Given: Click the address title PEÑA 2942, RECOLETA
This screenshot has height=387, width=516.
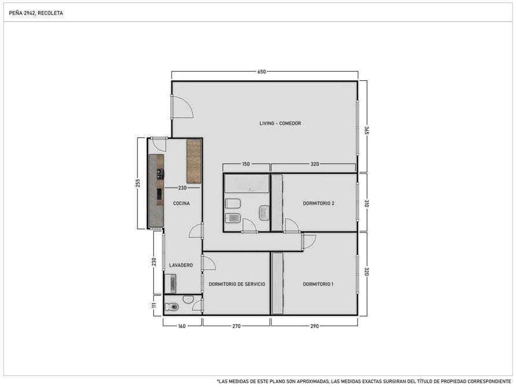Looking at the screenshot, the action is [36, 13].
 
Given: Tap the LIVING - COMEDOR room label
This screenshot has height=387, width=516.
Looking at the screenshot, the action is [280, 124].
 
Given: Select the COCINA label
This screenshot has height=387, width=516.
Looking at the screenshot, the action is [181, 203].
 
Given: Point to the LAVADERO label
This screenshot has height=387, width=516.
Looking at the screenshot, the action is [181, 265].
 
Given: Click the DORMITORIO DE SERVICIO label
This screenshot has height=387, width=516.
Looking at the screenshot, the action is [237, 284].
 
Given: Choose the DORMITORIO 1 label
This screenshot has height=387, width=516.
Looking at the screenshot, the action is [318, 284].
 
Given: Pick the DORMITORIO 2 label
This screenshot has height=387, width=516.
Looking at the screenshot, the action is [318, 203].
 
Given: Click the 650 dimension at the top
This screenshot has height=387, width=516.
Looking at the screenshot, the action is [262, 72].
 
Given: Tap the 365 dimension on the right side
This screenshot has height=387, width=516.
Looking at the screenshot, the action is [366, 131].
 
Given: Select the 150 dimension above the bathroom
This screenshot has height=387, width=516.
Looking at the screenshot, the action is [246, 164].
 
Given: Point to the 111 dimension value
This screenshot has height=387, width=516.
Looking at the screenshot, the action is [154, 305].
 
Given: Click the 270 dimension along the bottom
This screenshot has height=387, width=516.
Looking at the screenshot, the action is [236, 326].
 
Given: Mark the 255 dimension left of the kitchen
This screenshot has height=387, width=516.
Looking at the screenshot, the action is [138, 183].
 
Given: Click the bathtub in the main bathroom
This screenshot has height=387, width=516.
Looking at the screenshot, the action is [247, 184].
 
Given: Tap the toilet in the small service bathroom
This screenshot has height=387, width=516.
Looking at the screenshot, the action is [172, 307].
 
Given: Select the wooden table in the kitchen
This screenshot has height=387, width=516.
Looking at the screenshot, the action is [194, 161].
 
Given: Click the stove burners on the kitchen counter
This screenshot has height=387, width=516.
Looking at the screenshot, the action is [160, 174].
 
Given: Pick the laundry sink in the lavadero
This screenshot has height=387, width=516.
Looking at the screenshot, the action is [171, 284].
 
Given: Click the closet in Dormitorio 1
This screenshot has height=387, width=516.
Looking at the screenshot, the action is [277, 284].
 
